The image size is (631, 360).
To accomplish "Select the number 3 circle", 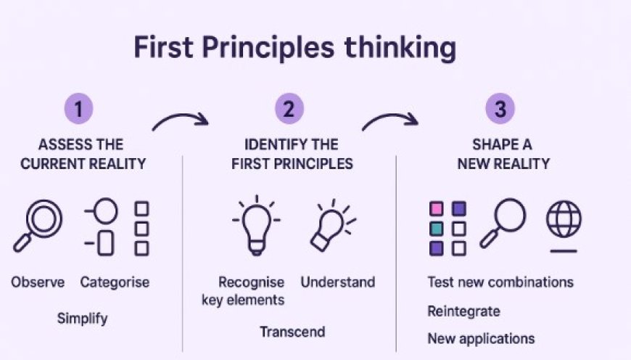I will point(500,110).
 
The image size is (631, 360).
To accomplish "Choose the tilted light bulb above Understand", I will point(331,226).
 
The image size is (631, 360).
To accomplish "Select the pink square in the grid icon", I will point(436,209).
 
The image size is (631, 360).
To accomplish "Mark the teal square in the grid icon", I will point(436,229).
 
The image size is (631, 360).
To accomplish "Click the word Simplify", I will point(82,317).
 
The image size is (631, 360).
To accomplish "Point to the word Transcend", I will point(292,332).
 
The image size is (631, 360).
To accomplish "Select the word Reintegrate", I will point(463,311).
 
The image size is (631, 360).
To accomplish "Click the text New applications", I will point(481,338).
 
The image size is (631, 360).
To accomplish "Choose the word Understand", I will point(338,282).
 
